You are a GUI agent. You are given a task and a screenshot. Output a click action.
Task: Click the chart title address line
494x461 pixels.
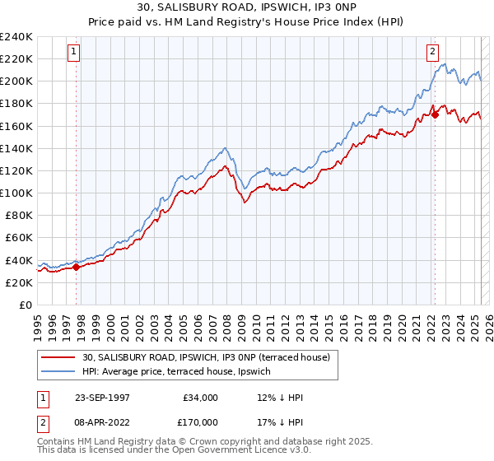(x=247, y=7)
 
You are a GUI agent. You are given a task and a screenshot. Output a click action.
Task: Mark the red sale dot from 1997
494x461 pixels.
(x=77, y=267)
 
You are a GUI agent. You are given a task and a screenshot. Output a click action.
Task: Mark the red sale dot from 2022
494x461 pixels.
(x=435, y=115)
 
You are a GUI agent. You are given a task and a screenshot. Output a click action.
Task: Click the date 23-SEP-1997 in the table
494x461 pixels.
(x=102, y=398)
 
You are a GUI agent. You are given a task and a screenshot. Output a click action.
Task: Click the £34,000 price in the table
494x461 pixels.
(x=200, y=398)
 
